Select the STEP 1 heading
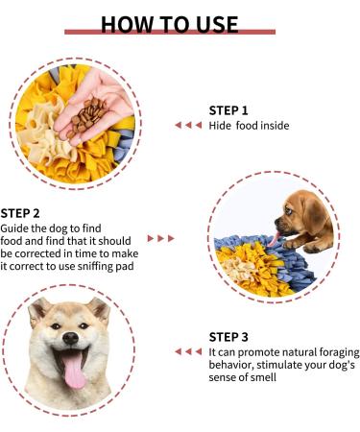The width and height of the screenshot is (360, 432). [x=228, y=109]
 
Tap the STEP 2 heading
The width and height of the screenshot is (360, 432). [x=20, y=212]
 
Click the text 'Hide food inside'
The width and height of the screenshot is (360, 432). [x=249, y=126]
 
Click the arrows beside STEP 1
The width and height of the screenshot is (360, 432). [x=188, y=125]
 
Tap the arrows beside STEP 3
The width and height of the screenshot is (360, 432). [x=188, y=351]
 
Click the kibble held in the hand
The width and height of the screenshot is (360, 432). [x=92, y=112]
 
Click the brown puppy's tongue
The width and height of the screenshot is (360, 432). [x=276, y=239]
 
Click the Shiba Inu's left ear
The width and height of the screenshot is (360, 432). [x=38, y=309]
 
